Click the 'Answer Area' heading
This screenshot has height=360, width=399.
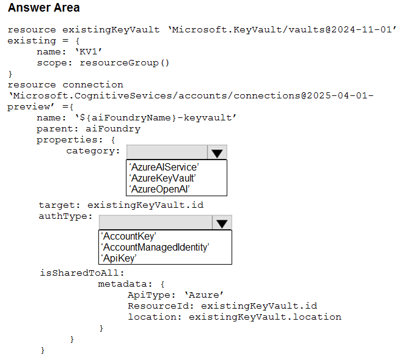click(x=44, y=7)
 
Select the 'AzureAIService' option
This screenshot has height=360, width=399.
click(x=164, y=167)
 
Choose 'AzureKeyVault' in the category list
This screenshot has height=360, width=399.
click(x=163, y=178)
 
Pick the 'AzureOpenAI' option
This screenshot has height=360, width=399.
click(x=159, y=189)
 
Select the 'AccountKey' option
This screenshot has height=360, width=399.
click(x=128, y=237)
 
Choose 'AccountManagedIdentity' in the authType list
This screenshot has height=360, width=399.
click(x=155, y=247)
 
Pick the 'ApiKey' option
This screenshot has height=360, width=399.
click(x=119, y=259)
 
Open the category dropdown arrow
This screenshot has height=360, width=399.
click(x=217, y=153)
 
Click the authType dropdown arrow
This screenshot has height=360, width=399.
click(x=222, y=222)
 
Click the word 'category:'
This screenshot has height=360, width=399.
click(x=93, y=151)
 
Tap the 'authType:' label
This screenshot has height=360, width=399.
click(x=65, y=216)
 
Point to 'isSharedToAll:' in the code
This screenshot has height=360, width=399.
click(x=82, y=273)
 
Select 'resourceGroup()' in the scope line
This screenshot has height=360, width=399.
click(x=125, y=63)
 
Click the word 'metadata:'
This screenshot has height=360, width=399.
click(x=125, y=284)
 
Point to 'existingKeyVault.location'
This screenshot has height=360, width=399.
click(x=265, y=317)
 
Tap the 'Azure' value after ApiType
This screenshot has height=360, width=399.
click(x=204, y=295)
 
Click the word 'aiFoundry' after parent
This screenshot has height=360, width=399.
click(x=113, y=129)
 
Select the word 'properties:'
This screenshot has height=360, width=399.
click(x=70, y=140)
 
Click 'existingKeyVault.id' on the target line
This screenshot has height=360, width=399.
click(x=145, y=205)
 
